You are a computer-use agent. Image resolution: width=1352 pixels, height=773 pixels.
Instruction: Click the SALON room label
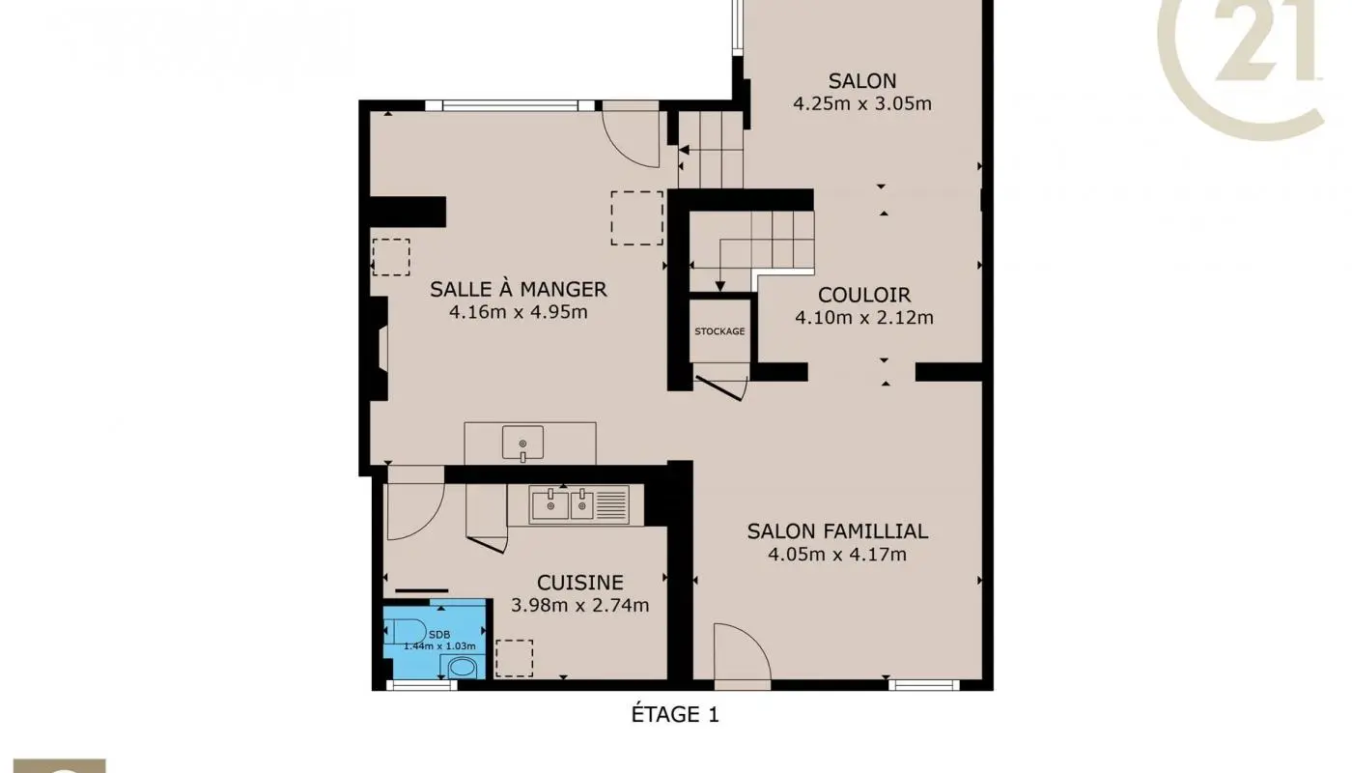pyautogui.click(x=861, y=81)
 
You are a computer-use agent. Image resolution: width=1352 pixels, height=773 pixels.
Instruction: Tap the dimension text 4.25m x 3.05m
pyautogui.click(x=861, y=104)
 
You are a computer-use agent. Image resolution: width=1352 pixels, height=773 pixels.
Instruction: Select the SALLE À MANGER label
pyautogui.click(x=518, y=289)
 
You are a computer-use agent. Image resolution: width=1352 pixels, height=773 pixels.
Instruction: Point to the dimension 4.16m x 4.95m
pyautogui.click(x=518, y=312)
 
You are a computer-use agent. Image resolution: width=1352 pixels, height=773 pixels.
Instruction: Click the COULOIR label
pyautogui.click(x=863, y=295)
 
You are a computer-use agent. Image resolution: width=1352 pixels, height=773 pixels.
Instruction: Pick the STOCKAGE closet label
pyautogui.click(x=719, y=331)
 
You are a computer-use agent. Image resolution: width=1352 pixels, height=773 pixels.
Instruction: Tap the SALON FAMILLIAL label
pyautogui.click(x=837, y=531)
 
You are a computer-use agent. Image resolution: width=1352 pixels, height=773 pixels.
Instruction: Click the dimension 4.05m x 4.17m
pyautogui.click(x=837, y=555)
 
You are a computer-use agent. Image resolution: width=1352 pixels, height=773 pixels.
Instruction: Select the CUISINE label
pyautogui.click(x=579, y=583)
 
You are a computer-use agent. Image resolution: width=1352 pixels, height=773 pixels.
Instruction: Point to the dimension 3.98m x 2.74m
pyautogui.click(x=579, y=606)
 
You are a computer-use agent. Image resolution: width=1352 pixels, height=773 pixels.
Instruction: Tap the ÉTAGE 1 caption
pyautogui.click(x=675, y=715)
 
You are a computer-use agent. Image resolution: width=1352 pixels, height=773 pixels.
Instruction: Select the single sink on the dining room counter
pyautogui.click(x=522, y=443)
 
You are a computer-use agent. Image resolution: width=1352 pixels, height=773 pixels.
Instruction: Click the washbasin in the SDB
pyautogui.click(x=463, y=667)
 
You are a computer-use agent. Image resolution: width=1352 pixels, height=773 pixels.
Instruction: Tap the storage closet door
pyautogui.click(x=721, y=385)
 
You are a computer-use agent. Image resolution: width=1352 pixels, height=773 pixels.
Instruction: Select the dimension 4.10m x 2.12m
pyautogui.click(x=863, y=317)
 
